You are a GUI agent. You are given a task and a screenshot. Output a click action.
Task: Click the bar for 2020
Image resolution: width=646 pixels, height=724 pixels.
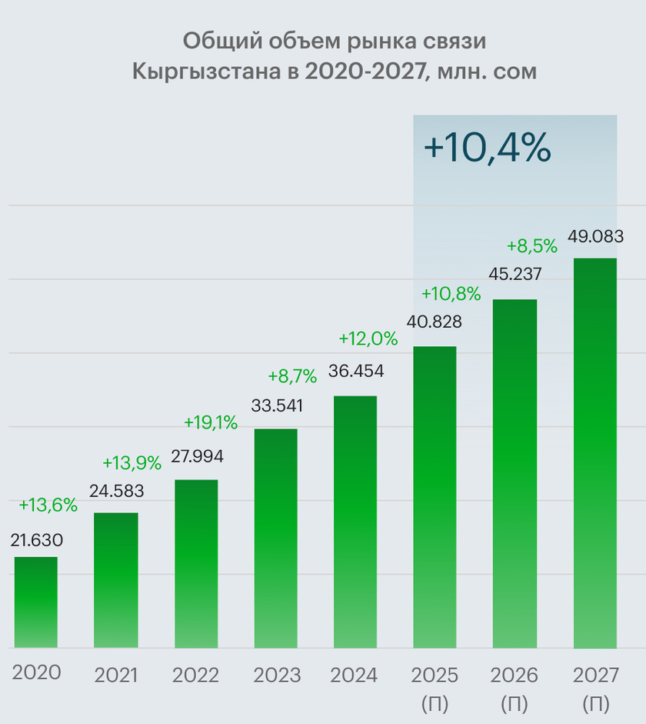click(x=36, y=602)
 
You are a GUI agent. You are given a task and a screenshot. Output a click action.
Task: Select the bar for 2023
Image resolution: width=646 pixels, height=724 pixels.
click(x=276, y=538)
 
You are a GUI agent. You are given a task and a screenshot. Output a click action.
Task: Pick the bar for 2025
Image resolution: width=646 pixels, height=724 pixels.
click(x=435, y=497)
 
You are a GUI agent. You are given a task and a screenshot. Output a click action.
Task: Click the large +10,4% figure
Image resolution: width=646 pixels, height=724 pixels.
click(x=487, y=148)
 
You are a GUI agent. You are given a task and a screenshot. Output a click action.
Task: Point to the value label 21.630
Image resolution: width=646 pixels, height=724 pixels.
click(x=37, y=540)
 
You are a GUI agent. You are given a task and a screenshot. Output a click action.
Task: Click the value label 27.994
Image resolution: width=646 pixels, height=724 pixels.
click(x=198, y=456)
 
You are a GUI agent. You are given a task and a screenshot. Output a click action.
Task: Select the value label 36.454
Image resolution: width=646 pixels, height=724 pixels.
click(x=356, y=371)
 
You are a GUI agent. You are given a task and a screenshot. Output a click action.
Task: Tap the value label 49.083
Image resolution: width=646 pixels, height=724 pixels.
click(x=595, y=236)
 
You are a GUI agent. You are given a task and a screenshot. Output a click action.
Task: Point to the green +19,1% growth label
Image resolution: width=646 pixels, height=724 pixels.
click(x=211, y=422)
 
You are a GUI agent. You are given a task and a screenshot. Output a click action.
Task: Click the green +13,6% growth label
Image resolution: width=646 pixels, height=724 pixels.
click(x=48, y=505)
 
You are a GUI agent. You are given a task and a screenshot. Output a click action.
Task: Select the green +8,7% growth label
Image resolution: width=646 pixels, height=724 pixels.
click(x=292, y=376)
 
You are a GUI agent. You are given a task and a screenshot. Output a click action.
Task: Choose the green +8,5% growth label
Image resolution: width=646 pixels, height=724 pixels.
click(x=531, y=246)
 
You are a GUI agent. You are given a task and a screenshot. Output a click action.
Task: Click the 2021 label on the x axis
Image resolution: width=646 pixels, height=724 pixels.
click(x=115, y=676)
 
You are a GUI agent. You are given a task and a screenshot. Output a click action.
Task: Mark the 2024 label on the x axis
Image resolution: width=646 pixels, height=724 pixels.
click(x=354, y=676)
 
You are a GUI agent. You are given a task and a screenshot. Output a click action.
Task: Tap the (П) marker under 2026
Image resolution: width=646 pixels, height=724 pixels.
click(x=515, y=702)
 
